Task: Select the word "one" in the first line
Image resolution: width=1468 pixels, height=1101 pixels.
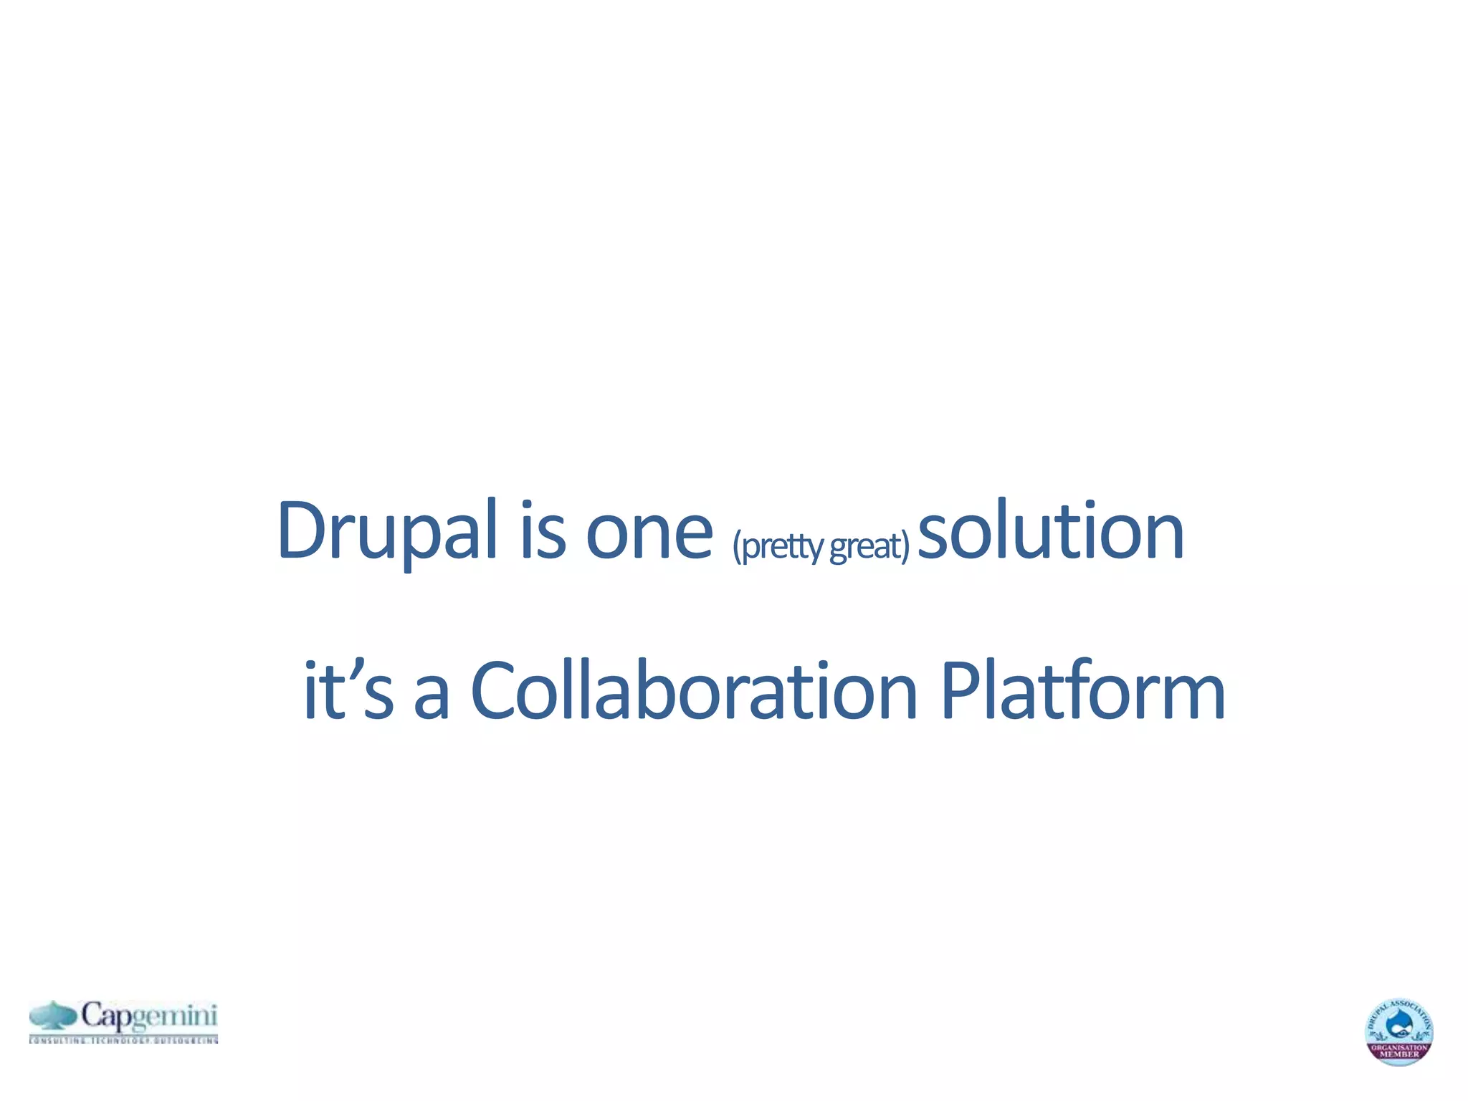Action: pyautogui.click(x=649, y=534)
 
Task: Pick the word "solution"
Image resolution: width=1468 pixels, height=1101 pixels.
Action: pyautogui.click(x=1050, y=530)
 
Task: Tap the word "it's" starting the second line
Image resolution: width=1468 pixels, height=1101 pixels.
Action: pyautogui.click(x=348, y=690)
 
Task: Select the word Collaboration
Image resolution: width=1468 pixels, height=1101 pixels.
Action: pyautogui.click(x=694, y=690)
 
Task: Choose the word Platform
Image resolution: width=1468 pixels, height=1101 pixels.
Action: pyautogui.click(x=1082, y=690)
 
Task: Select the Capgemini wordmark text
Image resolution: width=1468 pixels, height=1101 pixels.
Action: pyautogui.click(x=148, y=1016)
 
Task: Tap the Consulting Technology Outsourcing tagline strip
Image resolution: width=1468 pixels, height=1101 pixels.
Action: pyautogui.click(x=123, y=1039)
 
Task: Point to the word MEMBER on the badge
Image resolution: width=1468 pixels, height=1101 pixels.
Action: pyautogui.click(x=1399, y=1054)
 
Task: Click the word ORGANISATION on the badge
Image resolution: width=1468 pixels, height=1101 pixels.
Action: pyautogui.click(x=1399, y=1047)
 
